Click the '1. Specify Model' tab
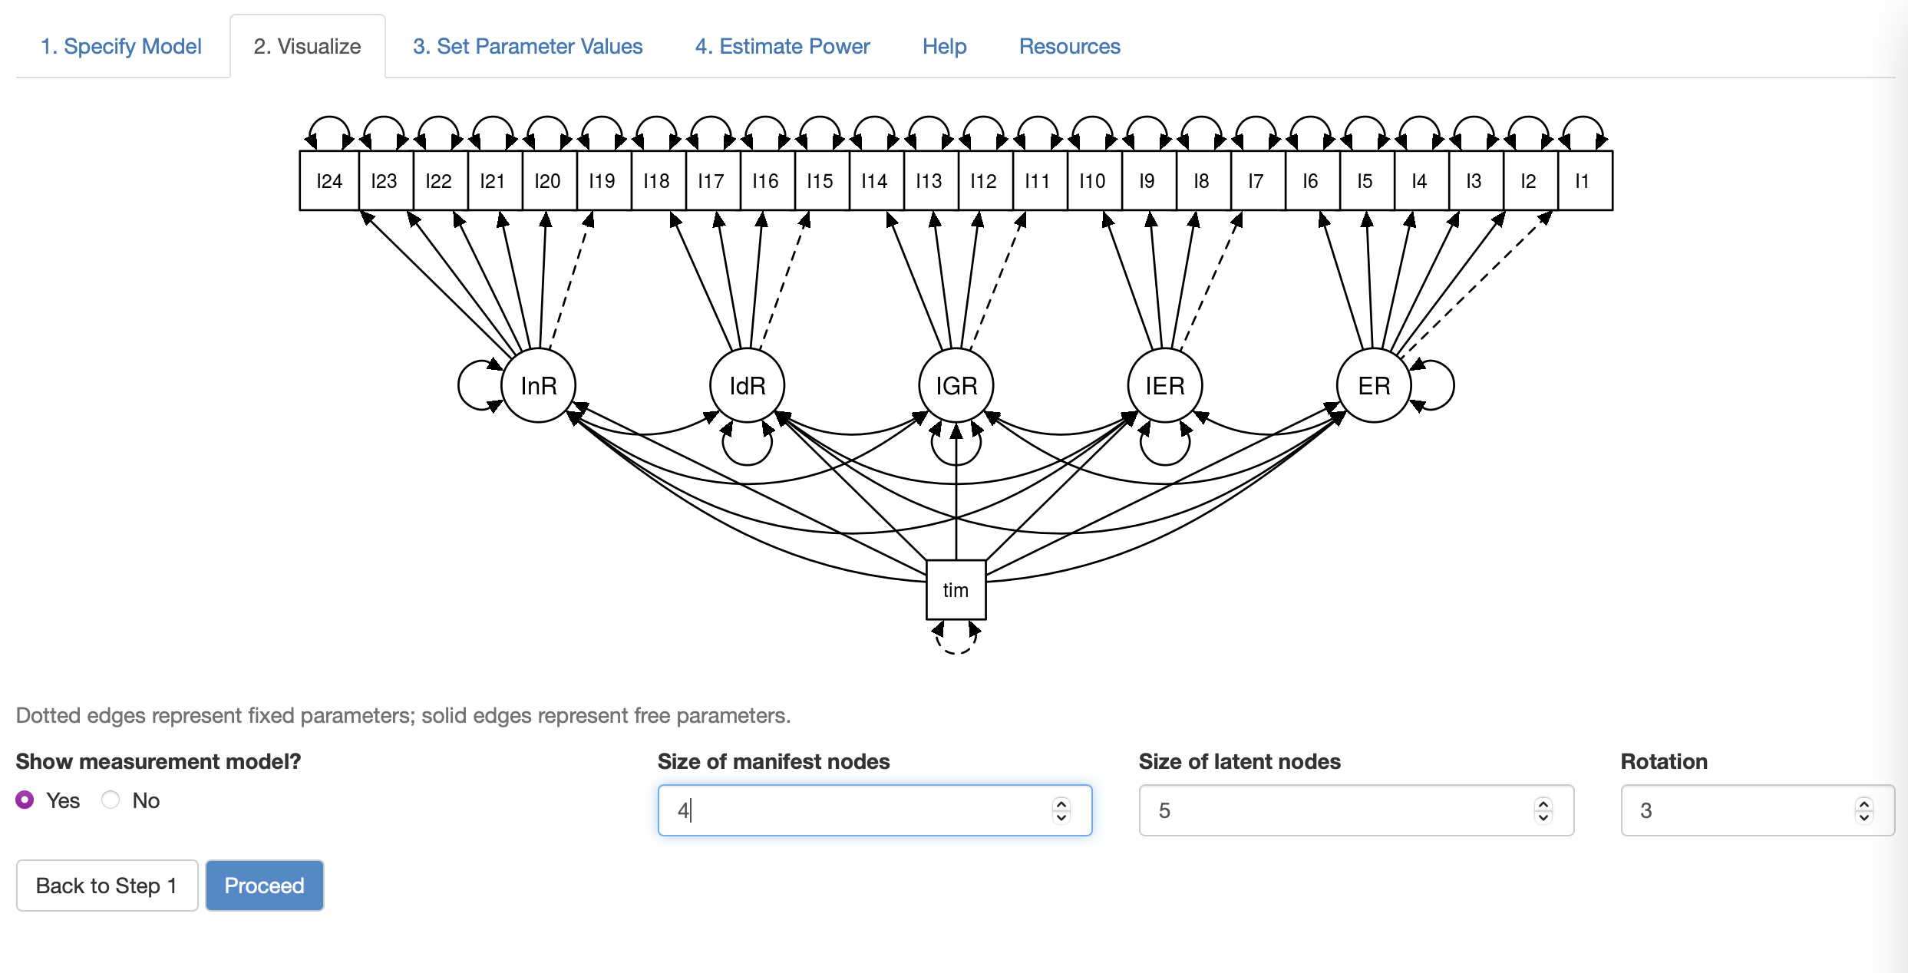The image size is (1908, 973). (121, 46)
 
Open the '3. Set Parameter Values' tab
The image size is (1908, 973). (527, 46)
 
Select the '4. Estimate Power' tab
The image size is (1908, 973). (782, 46)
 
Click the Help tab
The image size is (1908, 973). (944, 46)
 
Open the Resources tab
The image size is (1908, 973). (1069, 46)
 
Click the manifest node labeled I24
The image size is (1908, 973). (329, 181)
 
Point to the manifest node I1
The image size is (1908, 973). (1583, 181)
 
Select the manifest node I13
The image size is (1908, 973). (929, 181)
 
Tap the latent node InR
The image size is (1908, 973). (539, 385)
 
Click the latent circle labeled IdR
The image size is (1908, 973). (748, 385)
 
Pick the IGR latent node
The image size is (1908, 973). (956, 385)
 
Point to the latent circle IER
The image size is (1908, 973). (1165, 385)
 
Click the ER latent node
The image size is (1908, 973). (1374, 385)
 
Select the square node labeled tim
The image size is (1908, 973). (956, 589)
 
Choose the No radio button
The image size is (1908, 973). (111, 800)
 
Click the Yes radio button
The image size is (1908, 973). (25, 800)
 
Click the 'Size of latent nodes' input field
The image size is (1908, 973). (1335, 810)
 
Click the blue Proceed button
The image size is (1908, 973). (264, 886)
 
